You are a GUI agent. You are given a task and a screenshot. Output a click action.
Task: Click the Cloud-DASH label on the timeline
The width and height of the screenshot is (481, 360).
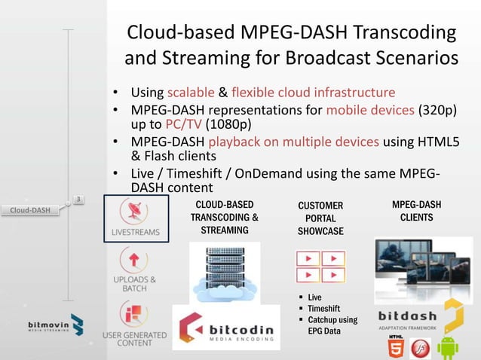coord(31,209)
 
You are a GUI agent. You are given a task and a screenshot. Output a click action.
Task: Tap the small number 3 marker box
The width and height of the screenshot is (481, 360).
coord(79,199)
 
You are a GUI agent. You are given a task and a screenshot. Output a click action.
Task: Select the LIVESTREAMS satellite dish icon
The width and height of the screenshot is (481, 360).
coord(136,212)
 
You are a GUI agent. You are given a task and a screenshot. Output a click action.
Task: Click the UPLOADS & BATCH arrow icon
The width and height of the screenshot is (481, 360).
coord(135,261)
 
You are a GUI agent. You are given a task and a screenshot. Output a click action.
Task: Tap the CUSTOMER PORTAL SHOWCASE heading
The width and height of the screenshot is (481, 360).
coord(320,218)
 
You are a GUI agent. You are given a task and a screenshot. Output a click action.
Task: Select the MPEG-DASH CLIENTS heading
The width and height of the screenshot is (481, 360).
coord(417,211)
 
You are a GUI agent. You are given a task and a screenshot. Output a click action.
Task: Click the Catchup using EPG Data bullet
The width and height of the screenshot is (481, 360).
coord(332,325)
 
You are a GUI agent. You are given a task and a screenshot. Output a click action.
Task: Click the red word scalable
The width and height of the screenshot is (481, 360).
coord(191,93)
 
